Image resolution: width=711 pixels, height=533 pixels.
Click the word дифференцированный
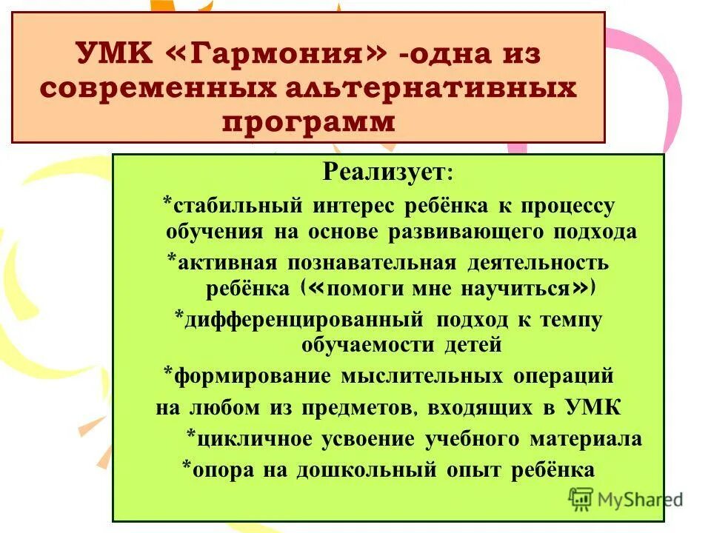coord(304,320)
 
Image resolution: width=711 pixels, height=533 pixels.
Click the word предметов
coord(344,408)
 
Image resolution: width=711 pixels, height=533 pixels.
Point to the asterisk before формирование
coord(169,370)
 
